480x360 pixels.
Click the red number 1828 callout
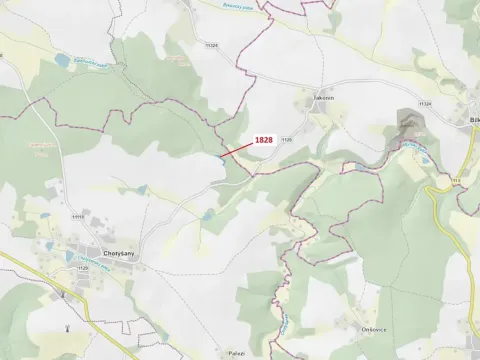click(x=264, y=140)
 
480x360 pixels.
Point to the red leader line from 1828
click(x=238, y=149)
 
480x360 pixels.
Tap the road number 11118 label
click(x=78, y=215)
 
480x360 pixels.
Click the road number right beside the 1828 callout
click(x=286, y=140)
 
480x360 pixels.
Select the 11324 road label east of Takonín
click(x=426, y=103)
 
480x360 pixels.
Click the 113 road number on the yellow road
click(x=455, y=181)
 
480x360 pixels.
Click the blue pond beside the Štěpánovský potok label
click(x=63, y=61)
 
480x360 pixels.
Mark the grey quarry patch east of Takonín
click(x=406, y=125)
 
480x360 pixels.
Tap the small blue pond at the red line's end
click(x=218, y=157)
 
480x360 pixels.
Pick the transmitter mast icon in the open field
click(x=67, y=326)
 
